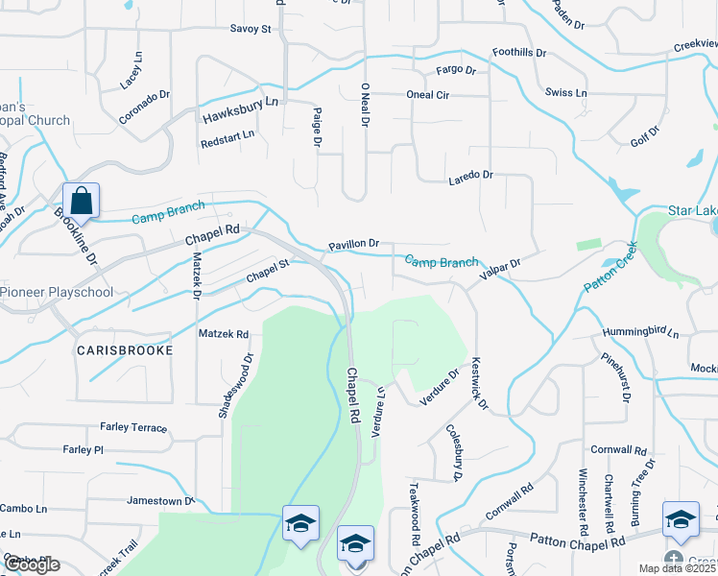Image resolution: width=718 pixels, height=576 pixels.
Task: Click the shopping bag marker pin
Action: tap(82, 202)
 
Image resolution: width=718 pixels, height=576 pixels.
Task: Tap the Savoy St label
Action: tap(251, 29)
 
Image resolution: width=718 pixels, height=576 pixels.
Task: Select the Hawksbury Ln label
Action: tap(240, 109)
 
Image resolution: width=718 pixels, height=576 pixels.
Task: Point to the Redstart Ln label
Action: tap(227, 136)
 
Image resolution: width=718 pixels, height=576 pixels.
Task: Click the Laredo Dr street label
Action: tap(470, 176)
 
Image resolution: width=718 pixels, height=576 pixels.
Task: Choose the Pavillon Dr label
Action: tap(354, 245)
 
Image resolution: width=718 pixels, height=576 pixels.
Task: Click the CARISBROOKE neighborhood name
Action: tap(126, 350)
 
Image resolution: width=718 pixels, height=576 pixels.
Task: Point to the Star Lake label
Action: tap(692, 210)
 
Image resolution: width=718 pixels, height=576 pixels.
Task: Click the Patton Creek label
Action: tap(611, 267)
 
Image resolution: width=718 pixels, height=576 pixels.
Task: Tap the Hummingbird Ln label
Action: tap(640, 333)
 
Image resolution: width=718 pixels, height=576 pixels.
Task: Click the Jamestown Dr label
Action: tap(160, 501)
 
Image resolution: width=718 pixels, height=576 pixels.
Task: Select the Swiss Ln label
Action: tap(565, 93)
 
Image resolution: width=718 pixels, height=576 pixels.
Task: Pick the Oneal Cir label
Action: tap(428, 95)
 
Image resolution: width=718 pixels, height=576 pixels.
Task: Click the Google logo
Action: tap(31, 564)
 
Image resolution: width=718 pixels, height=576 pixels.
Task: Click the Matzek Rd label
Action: tap(223, 334)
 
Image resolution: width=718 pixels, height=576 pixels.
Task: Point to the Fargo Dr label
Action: tap(456, 70)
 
